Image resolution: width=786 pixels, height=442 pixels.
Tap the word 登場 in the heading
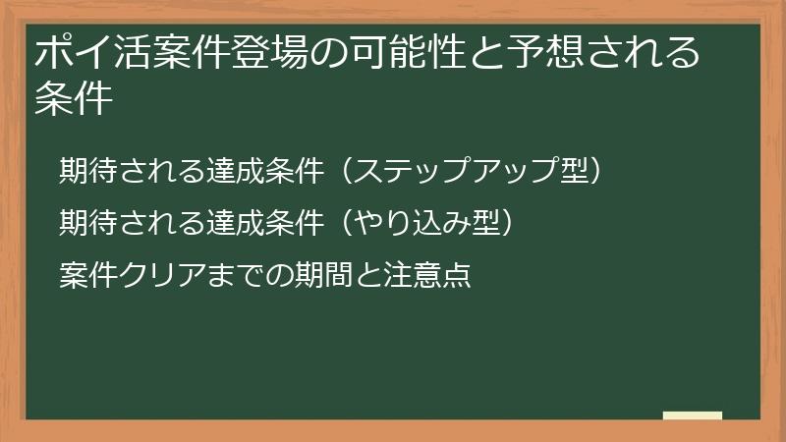[268, 55]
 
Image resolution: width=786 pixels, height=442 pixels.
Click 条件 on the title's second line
[71, 101]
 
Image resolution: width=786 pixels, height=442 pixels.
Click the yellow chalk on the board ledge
[692, 415]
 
